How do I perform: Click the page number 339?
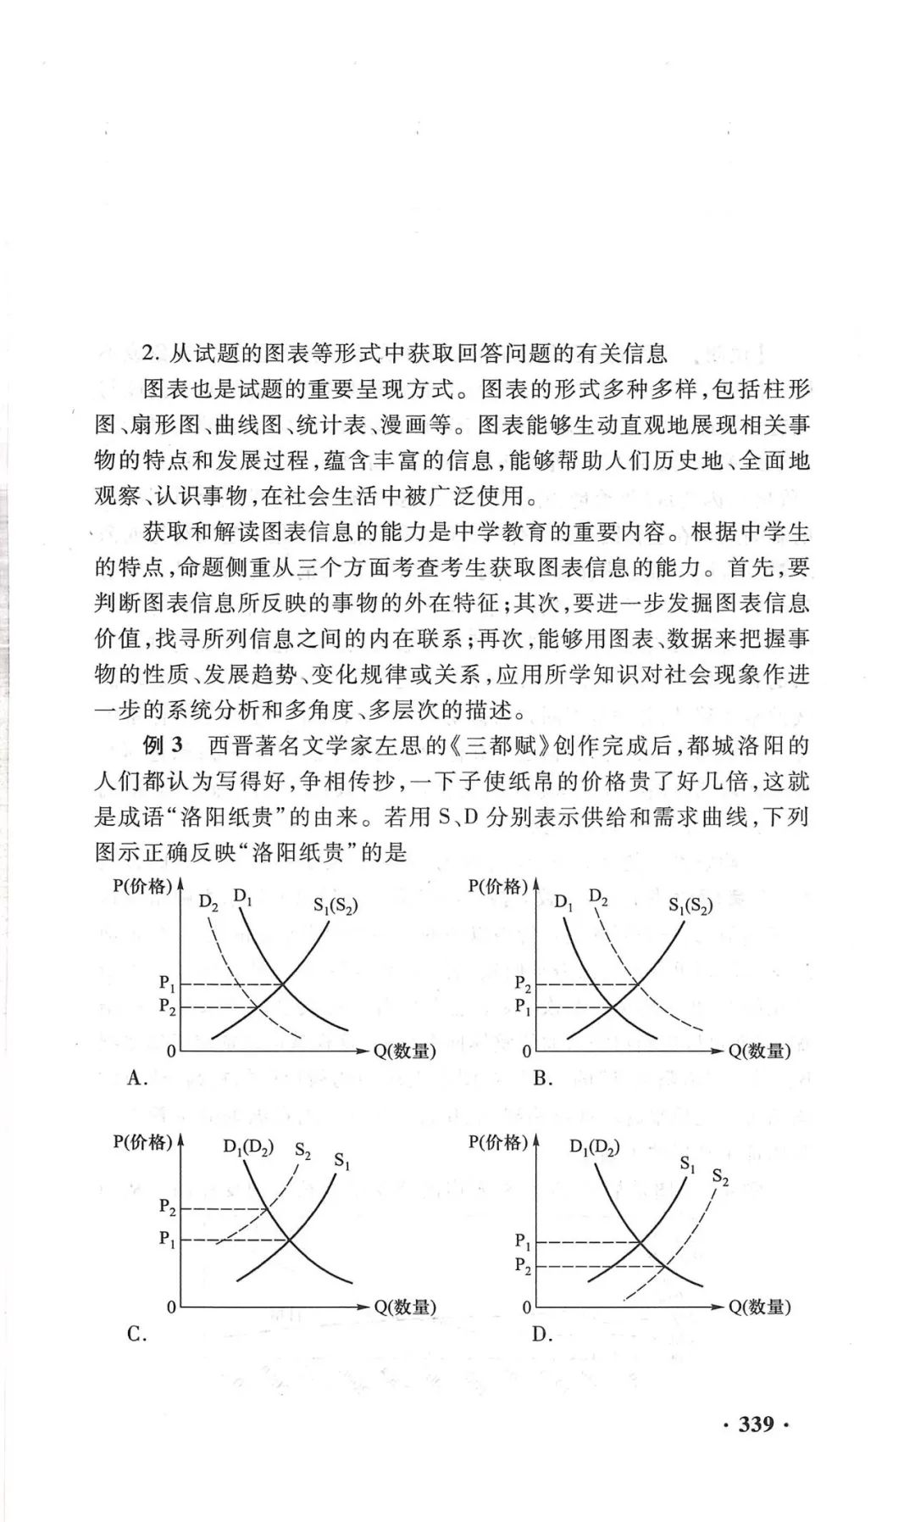756,1424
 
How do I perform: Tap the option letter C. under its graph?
137,1334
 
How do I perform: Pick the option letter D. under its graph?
543,1334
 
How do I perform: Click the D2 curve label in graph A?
208,902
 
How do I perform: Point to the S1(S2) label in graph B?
690,905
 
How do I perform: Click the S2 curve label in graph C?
303,1151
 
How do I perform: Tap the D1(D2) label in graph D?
595,1148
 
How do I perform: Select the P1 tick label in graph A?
168,984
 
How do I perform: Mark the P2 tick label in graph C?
168,1207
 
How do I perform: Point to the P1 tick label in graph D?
523,1242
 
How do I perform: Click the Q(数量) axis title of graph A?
405,1051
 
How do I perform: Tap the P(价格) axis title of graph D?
498,1142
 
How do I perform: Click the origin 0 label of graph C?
171,1307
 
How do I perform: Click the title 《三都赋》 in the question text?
504,745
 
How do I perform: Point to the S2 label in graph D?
720,1177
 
